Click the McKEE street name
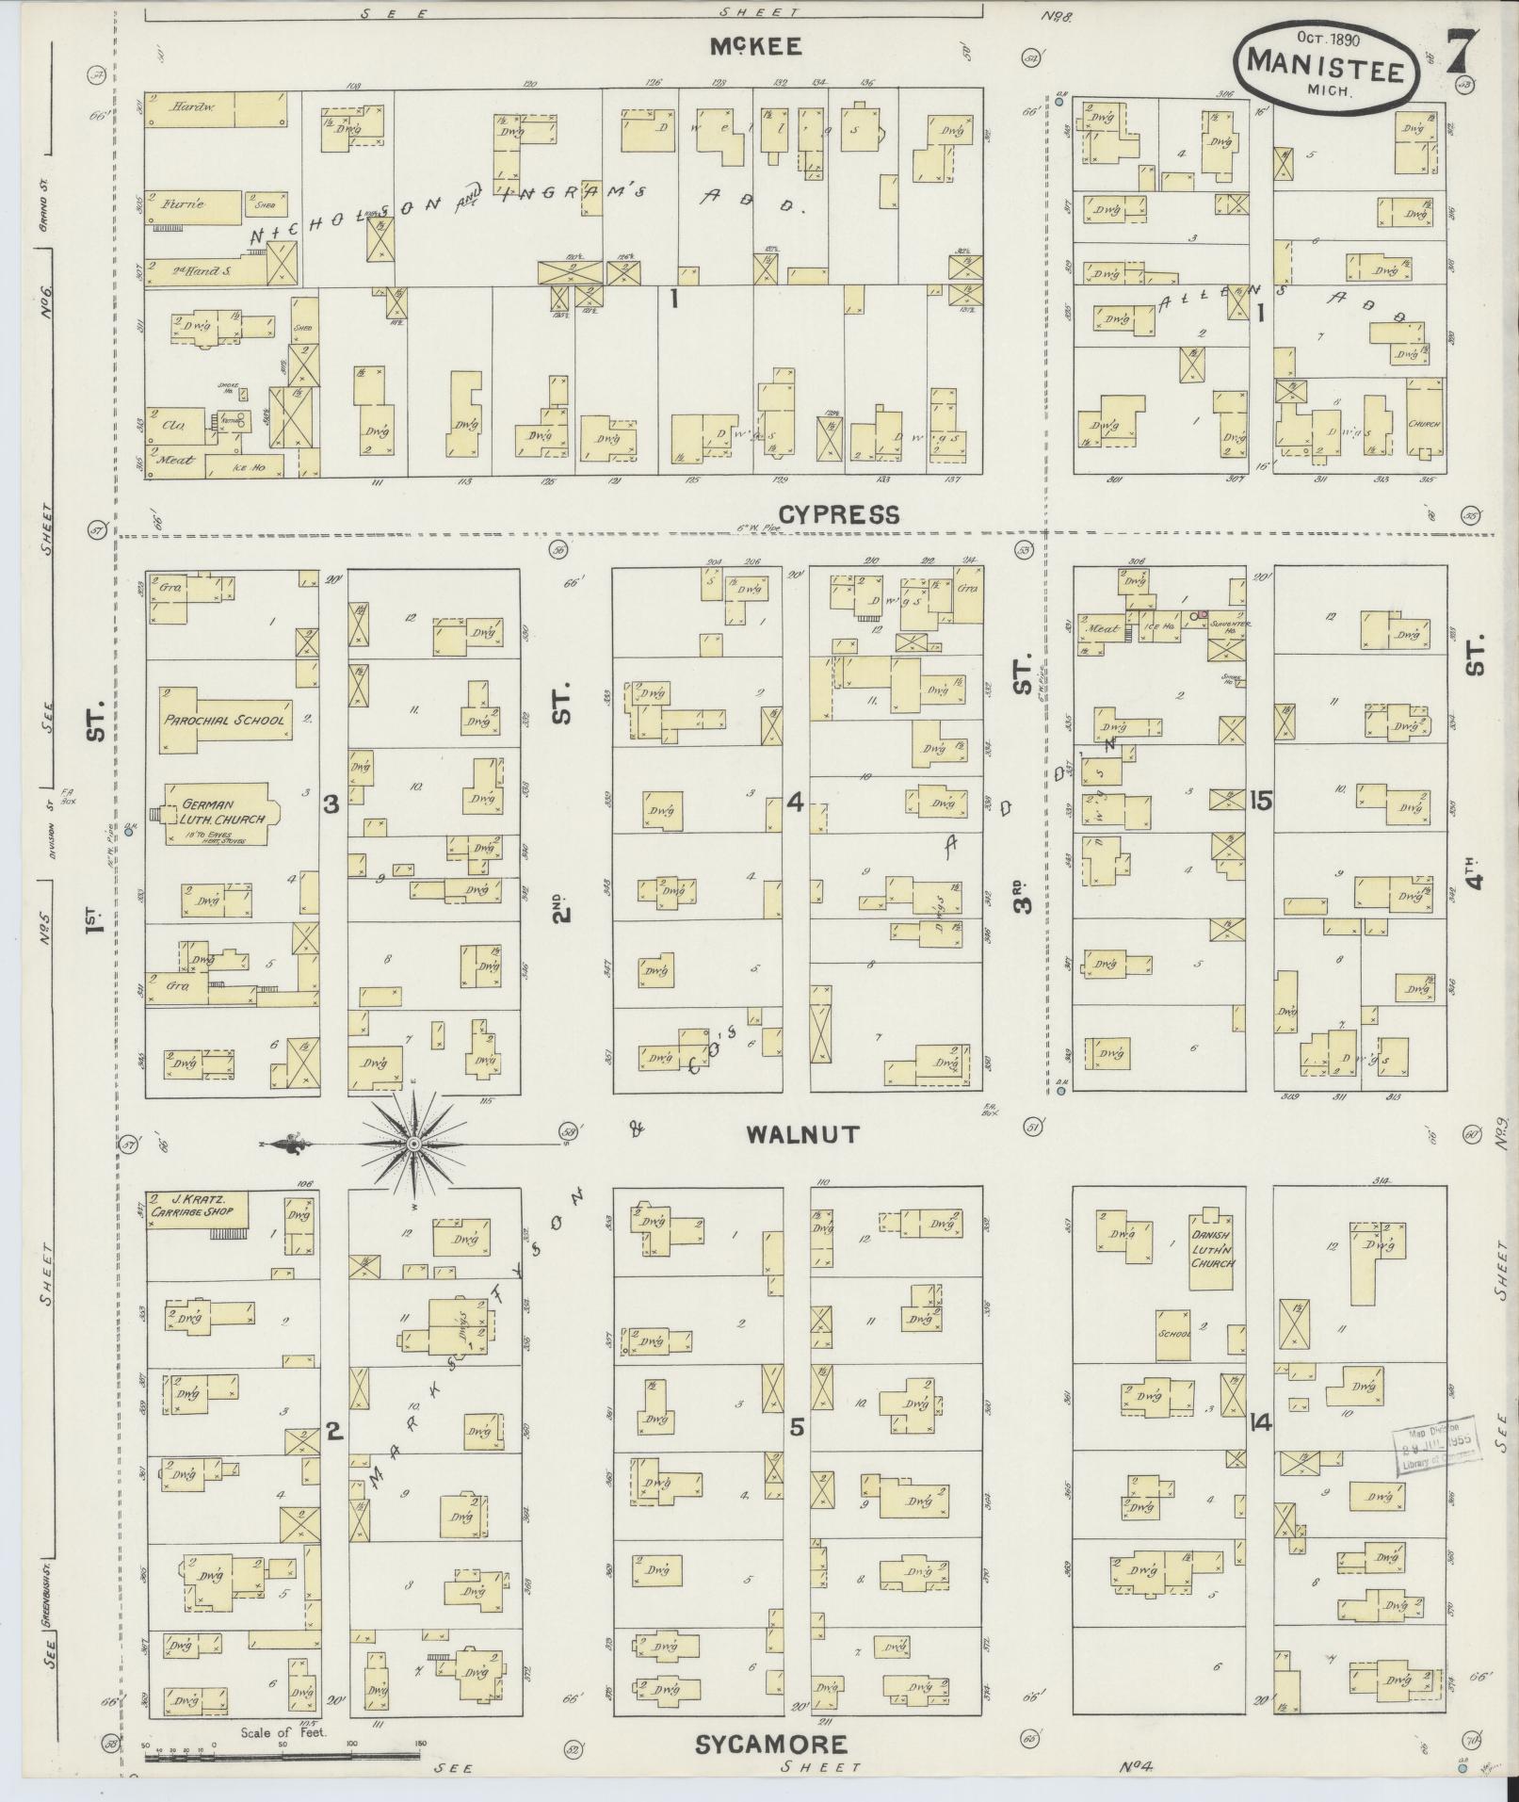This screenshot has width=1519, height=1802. tap(757, 47)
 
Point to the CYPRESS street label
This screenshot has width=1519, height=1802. tap(839, 514)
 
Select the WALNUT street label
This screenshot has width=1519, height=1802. tap(802, 1134)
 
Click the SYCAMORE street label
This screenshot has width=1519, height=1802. tap(771, 1745)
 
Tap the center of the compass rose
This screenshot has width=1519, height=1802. tap(413, 1144)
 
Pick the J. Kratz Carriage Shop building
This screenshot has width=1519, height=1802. tap(198, 1209)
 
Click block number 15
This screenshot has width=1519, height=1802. tap(1261, 801)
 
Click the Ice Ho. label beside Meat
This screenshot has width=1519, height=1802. tap(1160, 627)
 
